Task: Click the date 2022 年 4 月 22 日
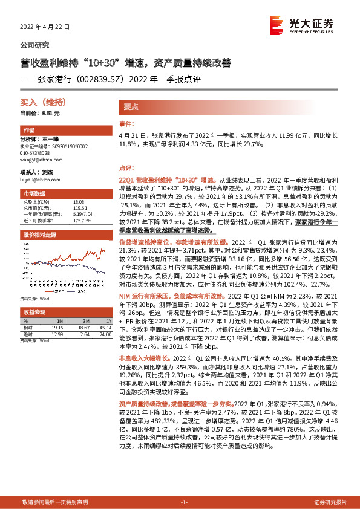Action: coord(45,27)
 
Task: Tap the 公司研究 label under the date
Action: coord(35,45)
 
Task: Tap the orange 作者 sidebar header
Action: coord(28,131)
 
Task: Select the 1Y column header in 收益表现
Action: coord(109,320)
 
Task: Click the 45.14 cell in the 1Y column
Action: coord(105,327)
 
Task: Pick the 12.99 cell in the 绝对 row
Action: coord(57,334)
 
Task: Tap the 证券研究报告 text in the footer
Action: coord(329,502)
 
